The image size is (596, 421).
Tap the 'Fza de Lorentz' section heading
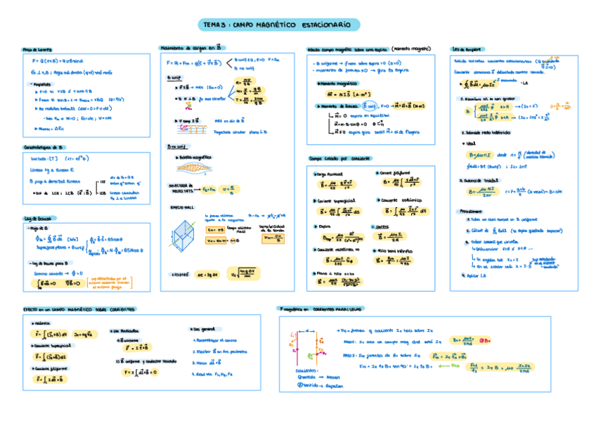[38, 49]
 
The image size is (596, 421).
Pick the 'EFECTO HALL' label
[181, 207]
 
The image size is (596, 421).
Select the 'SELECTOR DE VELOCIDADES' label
[180, 188]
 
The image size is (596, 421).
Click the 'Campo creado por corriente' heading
[339, 158]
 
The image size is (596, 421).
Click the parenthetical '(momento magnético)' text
[410, 48]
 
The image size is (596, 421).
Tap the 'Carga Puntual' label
[328, 173]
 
